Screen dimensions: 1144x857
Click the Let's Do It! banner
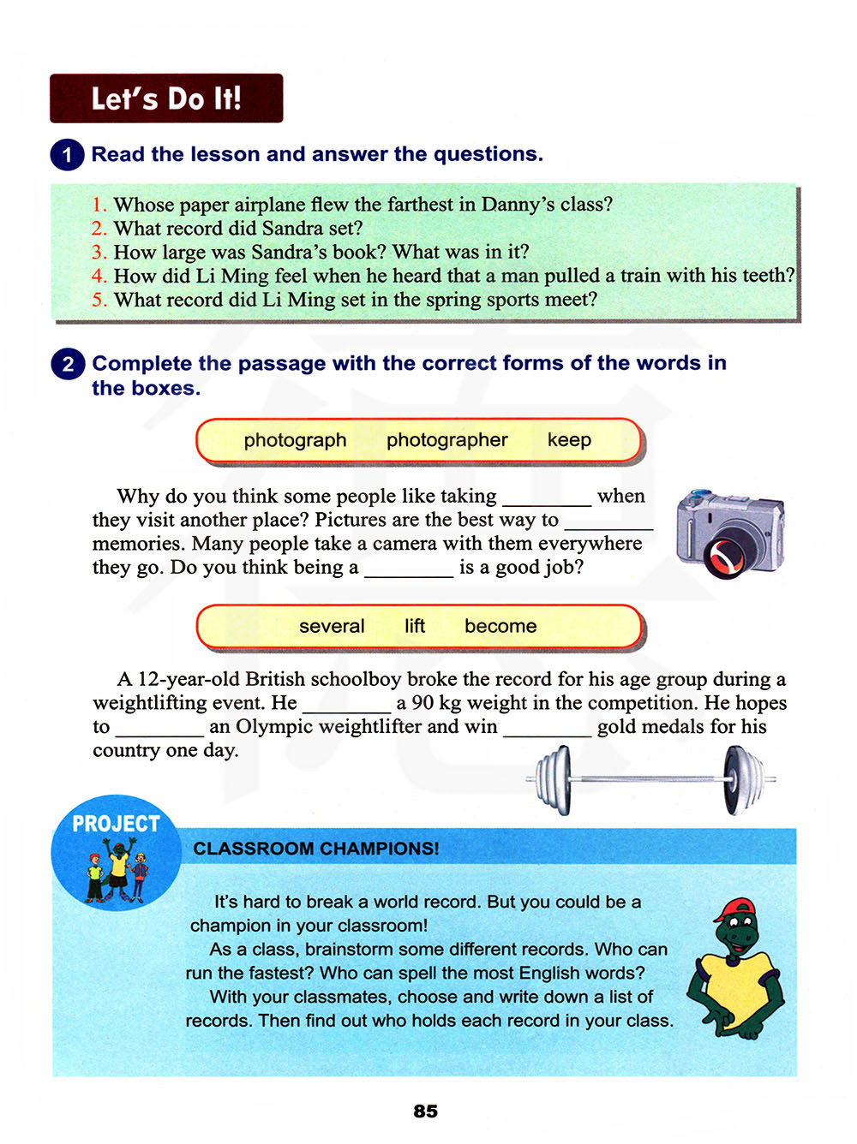[166, 98]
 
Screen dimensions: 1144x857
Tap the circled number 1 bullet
[67, 155]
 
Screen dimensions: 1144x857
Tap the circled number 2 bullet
[67, 364]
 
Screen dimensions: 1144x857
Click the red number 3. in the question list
[99, 253]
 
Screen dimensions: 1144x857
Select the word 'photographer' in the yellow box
[446, 440]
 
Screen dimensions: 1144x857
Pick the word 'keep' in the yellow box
[569, 440]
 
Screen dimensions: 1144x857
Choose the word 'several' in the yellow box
[332, 627]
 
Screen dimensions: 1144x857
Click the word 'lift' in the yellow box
[415, 627]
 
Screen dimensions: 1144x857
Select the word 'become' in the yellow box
[500, 627]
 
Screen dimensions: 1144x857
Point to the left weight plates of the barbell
[553, 779]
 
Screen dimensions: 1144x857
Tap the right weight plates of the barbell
[740, 779]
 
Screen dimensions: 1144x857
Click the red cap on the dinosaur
[735, 909]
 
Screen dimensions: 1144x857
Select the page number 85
[425, 1111]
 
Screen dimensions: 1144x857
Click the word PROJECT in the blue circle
[116, 824]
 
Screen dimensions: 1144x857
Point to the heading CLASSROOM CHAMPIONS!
[315, 849]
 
